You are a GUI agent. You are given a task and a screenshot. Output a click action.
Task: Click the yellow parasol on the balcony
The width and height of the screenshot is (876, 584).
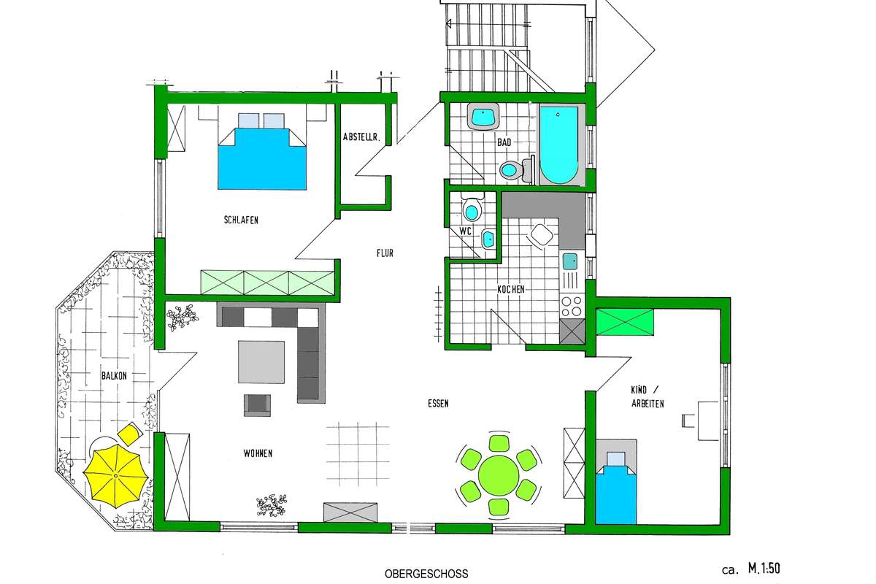116,475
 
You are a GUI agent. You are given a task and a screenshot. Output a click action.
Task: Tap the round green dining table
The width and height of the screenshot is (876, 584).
498,476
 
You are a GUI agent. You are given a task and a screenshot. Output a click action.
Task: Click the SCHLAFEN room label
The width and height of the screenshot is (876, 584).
241,220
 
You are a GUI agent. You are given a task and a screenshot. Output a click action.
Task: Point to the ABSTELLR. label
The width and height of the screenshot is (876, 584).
362,137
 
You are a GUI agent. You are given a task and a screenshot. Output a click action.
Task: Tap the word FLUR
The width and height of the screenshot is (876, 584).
385,253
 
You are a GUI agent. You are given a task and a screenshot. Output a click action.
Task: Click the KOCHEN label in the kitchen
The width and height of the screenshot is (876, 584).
511,290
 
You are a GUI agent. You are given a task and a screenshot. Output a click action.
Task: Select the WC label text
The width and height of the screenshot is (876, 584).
466,231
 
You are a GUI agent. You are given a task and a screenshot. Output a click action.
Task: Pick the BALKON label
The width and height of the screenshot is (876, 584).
114,375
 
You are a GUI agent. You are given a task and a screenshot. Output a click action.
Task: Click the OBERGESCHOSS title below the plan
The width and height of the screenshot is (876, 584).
426,574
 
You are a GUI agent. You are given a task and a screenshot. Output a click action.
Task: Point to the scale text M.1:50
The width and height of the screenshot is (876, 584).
764,569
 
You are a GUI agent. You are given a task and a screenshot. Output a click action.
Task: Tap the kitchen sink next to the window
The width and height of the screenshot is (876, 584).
570,261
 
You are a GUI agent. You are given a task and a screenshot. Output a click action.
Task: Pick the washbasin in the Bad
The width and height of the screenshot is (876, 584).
483,116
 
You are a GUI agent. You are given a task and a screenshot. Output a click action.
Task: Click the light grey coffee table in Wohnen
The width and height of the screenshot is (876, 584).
261,362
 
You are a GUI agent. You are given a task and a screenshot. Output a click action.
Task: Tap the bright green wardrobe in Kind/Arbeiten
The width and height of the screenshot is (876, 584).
625,322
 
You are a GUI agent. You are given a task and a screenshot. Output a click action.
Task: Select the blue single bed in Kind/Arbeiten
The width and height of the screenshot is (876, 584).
616,488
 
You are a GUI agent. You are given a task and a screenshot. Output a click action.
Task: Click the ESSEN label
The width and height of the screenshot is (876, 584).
438,404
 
